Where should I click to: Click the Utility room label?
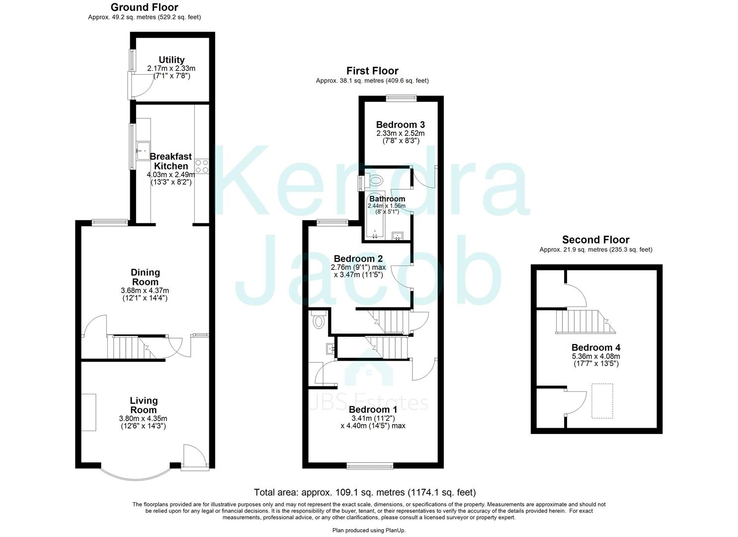pyautogui.click(x=171, y=60)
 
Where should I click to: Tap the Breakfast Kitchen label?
pyautogui.click(x=171, y=161)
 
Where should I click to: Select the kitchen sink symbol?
pyautogui.click(x=143, y=148)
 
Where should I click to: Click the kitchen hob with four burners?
pyautogui.click(x=202, y=166)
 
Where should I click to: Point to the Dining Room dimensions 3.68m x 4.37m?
pyautogui.click(x=145, y=290)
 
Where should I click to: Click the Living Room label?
pyautogui.click(x=144, y=405)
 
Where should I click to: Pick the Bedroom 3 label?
pyautogui.click(x=400, y=124)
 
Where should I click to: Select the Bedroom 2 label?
pyautogui.click(x=358, y=259)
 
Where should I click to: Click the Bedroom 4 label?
pyautogui.click(x=595, y=348)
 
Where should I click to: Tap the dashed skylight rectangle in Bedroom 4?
pyautogui.click(x=602, y=400)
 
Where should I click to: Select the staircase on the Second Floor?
pyautogui.click(x=584, y=322)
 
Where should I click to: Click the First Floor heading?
pyautogui.click(x=372, y=71)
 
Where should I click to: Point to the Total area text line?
pyautogui.click(x=365, y=492)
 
